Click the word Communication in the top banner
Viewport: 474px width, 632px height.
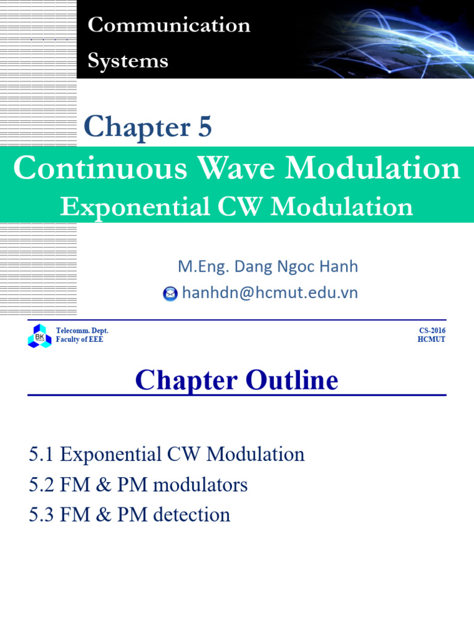click(x=168, y=25)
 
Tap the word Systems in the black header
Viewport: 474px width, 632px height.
click(x=128, y=61)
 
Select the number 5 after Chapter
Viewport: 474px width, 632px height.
click(x=204, y=127)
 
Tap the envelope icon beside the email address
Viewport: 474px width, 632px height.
click(x=170, y=294)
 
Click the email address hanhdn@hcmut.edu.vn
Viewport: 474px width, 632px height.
click(x=270, y=293)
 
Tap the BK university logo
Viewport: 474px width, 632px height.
click(x=39, y=336)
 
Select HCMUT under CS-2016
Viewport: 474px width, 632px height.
click(x=431, y=340)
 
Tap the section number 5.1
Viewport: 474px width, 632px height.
click(x=41, y=455)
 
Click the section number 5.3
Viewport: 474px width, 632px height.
click(x=41, y=515)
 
